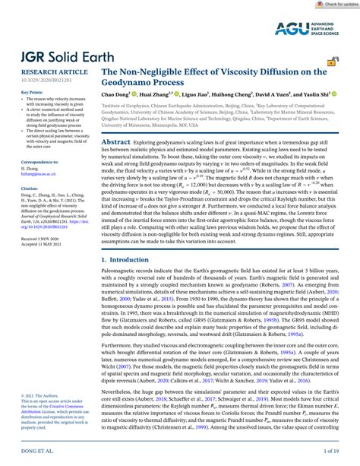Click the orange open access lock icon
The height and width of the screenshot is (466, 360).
(331, 81)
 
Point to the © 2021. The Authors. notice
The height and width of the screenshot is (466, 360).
(27, 417)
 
